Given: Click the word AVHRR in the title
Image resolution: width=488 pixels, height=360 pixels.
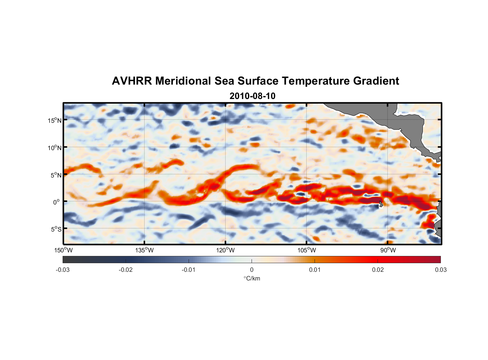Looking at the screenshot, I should point(132,81).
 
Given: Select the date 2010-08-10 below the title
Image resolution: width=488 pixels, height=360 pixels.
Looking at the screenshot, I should point(252,96).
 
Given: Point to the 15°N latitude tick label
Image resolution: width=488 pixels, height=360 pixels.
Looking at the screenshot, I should point(55,120).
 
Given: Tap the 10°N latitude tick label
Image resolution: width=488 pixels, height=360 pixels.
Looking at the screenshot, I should point(55,148).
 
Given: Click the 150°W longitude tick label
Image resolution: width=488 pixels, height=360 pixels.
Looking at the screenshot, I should point(64,250).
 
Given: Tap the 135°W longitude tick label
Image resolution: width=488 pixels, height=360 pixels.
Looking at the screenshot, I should point(145,250).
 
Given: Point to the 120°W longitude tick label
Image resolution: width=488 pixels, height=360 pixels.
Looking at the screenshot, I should point(226,250).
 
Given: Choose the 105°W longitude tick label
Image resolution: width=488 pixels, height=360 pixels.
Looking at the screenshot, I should point(307,250).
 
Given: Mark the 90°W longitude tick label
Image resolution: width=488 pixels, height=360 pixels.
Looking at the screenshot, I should point(388,250).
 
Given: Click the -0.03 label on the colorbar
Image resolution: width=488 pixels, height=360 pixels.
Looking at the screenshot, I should point(63,270).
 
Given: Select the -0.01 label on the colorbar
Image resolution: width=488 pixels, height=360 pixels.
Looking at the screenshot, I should point(189,270).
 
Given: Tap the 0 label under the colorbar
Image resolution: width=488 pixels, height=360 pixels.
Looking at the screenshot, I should point(252,270).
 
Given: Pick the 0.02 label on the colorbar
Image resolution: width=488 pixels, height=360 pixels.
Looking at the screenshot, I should point(378,270).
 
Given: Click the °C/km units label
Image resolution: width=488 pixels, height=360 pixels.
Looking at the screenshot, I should point(252,278).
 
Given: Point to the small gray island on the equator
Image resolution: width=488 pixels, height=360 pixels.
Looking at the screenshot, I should point(381,204).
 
